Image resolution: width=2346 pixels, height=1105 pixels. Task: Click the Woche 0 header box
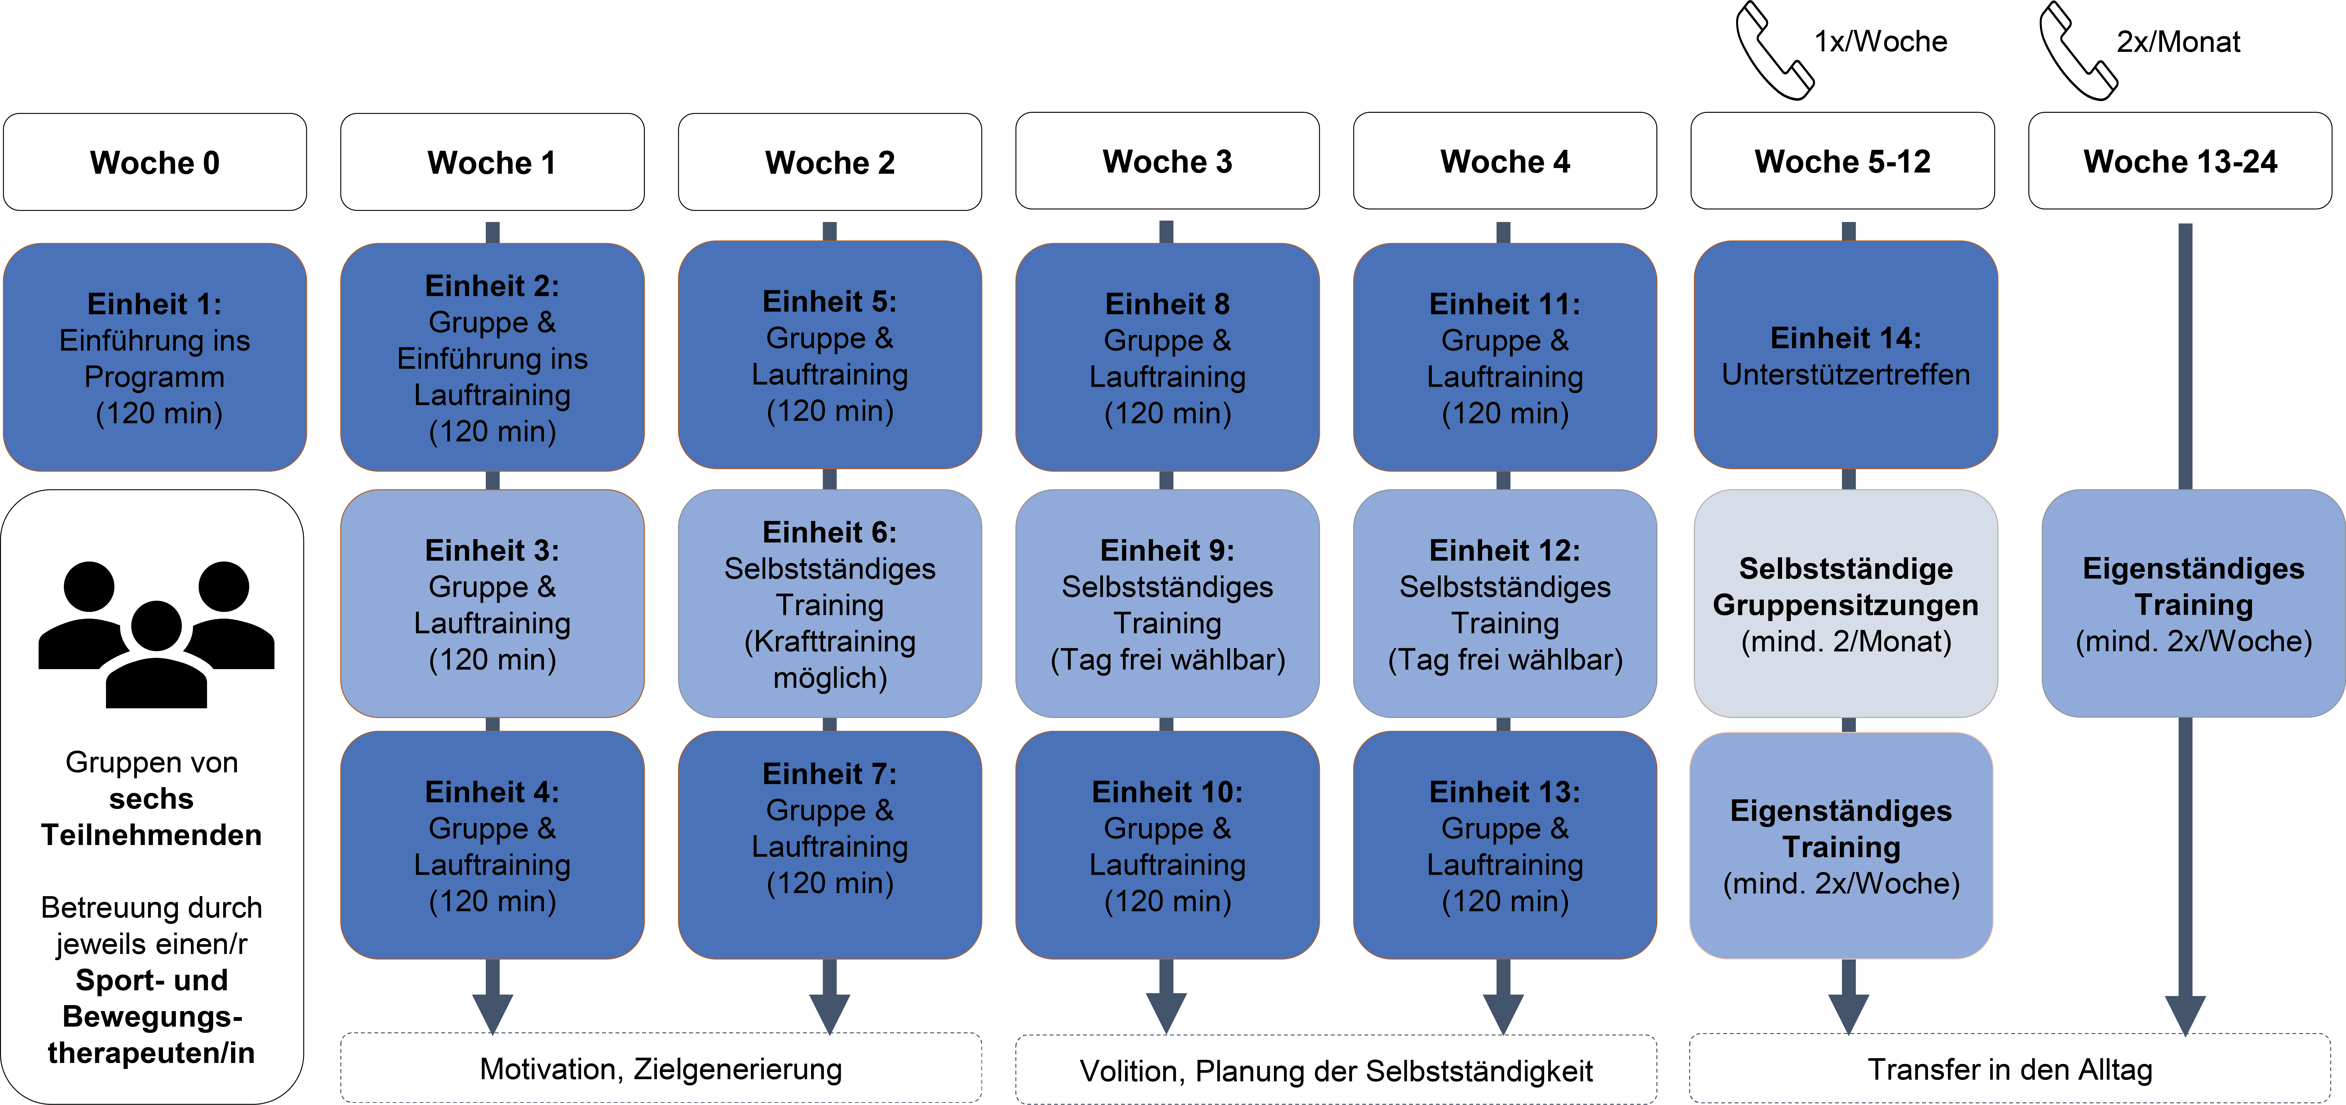click(x=155, y=162)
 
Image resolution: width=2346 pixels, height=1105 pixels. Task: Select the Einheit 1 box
click(x=155, y=357)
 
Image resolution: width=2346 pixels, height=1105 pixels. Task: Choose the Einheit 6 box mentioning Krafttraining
click(x=830, y=603)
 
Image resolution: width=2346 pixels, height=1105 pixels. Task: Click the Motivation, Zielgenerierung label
click(x=661, y=1069)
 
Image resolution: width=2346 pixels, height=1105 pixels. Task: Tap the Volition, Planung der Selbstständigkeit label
click(x=1336, y=1070)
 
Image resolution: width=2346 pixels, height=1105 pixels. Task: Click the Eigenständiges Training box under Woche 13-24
click(x=2193, y=603)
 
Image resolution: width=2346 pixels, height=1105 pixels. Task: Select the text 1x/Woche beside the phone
click(x=1881, y=41)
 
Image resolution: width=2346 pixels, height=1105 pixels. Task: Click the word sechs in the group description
click(x=151, y=798)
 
